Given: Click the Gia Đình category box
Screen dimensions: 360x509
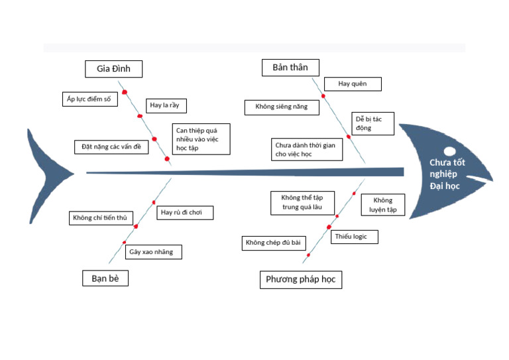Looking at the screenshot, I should [114, 69].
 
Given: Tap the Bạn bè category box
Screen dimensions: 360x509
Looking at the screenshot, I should [105, 278].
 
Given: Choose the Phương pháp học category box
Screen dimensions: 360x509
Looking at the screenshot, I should [300, 279].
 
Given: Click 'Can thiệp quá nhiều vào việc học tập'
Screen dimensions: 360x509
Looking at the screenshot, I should [201, 139].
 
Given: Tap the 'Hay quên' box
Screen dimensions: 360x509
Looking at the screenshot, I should [353, 84].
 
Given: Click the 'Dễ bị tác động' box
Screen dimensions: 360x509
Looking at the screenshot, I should [372, 123].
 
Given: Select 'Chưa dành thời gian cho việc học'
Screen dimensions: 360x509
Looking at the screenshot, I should [308, 150].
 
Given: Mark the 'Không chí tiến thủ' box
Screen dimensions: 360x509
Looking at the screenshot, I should [102, 217].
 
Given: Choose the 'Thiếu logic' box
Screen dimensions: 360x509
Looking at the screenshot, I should [354, 237].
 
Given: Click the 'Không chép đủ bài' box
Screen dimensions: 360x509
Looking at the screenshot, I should [273, 243].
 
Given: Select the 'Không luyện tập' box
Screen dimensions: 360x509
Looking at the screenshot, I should [382, 206].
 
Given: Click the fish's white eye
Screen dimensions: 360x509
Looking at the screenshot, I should [449, 150].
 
